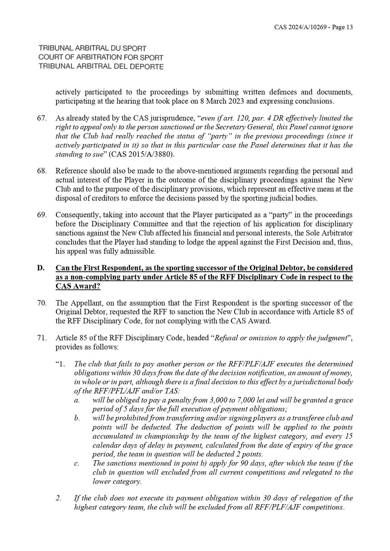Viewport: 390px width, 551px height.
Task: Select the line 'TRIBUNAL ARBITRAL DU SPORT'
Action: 92,49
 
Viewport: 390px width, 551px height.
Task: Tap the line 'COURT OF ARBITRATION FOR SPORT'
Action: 101,58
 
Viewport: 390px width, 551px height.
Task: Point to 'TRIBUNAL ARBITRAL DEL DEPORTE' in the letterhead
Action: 101,67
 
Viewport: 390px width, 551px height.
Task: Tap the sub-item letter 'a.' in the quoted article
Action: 77,400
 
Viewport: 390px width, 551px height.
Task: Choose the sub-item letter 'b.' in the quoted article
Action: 77,418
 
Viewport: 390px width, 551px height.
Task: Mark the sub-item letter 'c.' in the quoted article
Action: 77,463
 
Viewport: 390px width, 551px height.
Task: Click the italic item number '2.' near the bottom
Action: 58,498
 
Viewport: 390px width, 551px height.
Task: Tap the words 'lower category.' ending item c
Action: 117,482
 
